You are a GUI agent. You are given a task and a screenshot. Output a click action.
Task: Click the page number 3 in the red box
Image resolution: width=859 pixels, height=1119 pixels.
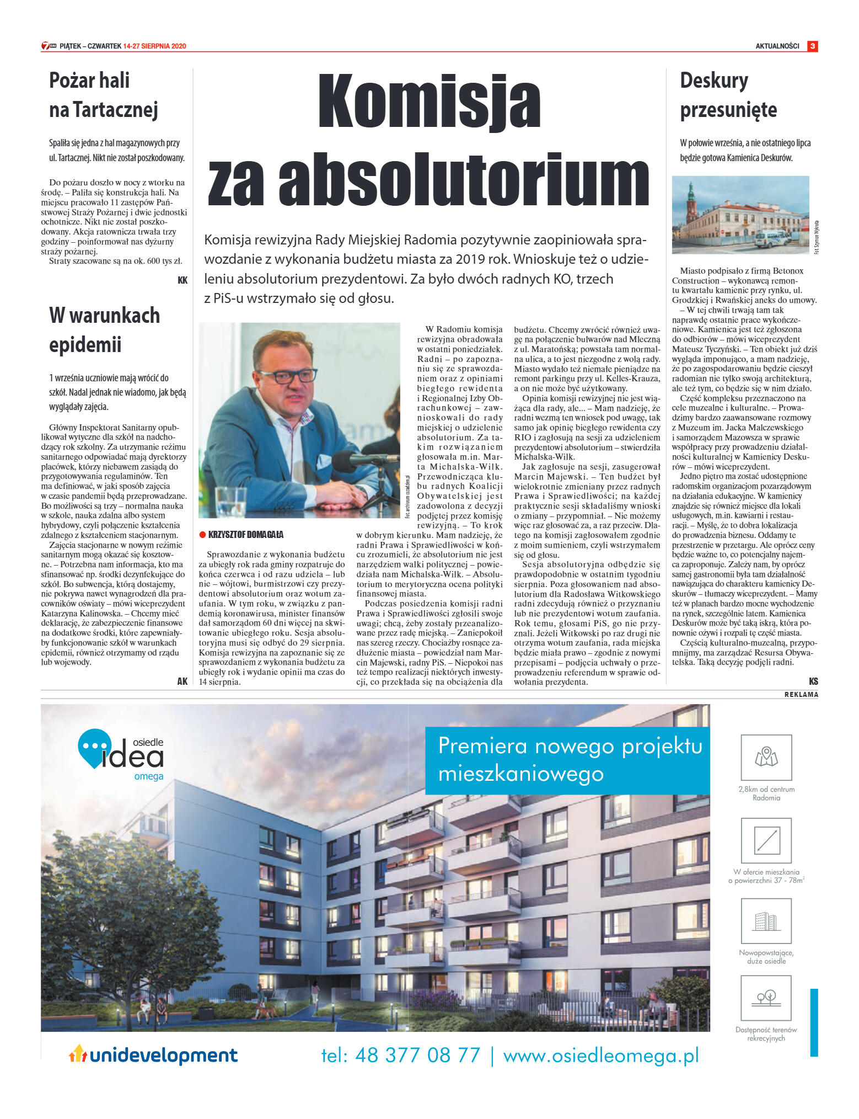812,46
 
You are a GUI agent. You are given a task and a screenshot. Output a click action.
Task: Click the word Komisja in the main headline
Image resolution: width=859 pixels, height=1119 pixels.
429,102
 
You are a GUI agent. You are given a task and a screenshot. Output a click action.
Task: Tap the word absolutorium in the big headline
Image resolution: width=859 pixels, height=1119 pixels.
464,180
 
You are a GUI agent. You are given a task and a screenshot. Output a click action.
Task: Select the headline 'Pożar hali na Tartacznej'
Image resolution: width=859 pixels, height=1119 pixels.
104,95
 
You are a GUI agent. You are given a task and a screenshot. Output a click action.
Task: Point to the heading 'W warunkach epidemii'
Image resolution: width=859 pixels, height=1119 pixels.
104,330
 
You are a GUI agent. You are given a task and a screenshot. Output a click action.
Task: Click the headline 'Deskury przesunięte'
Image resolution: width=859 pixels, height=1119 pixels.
728,95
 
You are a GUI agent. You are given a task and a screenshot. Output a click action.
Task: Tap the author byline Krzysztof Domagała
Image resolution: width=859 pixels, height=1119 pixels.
245,535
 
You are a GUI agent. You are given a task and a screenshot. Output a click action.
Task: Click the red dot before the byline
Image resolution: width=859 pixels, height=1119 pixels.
202,535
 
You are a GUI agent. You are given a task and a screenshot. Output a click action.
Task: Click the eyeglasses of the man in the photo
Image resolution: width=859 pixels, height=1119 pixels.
283,376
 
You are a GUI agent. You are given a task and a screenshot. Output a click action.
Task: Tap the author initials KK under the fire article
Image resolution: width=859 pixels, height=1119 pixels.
182,280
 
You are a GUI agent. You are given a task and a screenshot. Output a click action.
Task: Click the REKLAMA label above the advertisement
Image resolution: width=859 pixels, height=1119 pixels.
801,695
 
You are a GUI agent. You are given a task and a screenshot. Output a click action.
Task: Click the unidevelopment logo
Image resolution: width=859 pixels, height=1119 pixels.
153,1055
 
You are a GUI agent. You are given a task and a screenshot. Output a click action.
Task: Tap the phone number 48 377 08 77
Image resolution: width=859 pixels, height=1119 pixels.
417,1055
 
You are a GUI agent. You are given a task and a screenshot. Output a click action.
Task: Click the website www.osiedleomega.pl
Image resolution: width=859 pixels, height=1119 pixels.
600,1055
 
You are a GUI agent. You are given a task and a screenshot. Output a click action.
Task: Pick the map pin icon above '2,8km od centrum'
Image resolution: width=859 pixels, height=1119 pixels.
766,757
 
